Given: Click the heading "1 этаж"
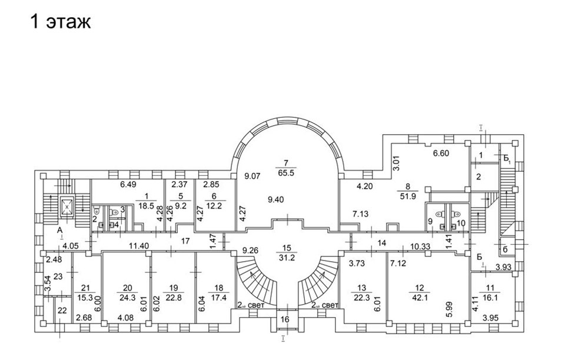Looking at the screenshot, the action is click(x=61, y=22).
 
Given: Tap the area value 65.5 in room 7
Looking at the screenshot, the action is click(x=287, y=173).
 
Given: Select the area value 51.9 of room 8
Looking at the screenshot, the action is click(x=408, y=196).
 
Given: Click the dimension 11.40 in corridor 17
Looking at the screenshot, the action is click(x=139, y=246).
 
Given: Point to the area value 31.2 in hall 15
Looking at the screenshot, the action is click(x=287, y=258).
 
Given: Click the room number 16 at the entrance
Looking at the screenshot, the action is click(x=285, y=319).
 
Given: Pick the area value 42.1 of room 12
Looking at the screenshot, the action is click(x=420, y=298).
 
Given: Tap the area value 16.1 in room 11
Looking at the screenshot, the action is click(x=490, y=298).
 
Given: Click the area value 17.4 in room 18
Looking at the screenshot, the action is click(x=219, y=298).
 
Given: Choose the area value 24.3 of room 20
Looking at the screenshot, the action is click(x=128, y=298).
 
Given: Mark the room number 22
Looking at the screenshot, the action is click(x=62, y=311).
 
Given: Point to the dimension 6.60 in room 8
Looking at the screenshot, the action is click(x=441, y=154).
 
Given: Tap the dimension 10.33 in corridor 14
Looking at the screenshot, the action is click(x=420, y=246).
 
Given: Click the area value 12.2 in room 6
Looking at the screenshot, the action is click(x=216, y=205).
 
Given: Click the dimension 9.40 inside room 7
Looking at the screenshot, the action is click(x=276, y=199).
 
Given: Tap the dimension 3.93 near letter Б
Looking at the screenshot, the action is click(x=503, y=267).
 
